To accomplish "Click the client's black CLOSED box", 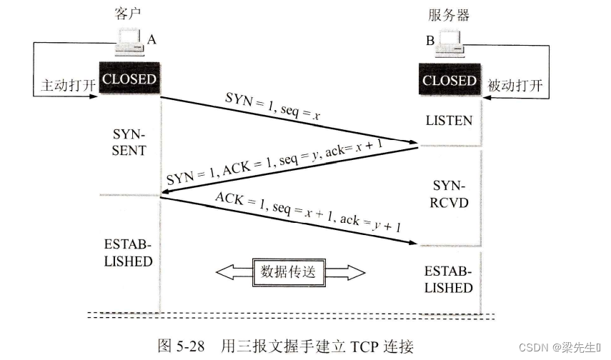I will pyautogui.click(x=129, y=79).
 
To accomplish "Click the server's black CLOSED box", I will pyautogui.click(x=449, y=80).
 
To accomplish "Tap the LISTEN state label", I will pyautogui.click(x=449, y=120).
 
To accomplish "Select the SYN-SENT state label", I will pyautogui.click(x=129, y=142).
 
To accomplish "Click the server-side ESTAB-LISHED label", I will pyautogui.click(x=449, y=279).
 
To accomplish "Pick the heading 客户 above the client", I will pyautogui.click(x=124, y=14).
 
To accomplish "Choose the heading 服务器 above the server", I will pyautogui.click(x=449, y=14).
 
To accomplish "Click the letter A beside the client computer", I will pyautogui.click(x=151, y=40).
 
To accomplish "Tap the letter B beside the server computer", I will pyautogui.click(x=430, y=41).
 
